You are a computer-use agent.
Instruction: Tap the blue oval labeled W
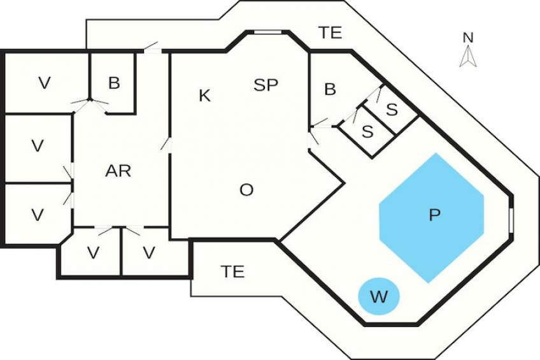click(378, 296)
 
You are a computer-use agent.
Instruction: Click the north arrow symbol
click(468, 57)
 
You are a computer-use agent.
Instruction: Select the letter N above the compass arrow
click(468, 38)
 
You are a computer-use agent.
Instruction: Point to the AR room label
click(118, 171)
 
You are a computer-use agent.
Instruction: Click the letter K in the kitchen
click(204, 96)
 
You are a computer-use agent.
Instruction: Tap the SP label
click(266, 85)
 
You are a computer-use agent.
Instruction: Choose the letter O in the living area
click(246, 190)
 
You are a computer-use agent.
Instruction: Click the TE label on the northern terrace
click(330, 33)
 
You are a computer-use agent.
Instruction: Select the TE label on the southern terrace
click(232, 272)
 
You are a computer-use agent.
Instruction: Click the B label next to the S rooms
click(330, 90)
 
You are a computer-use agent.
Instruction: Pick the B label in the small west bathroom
click(114, 83)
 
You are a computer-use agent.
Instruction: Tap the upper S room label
click(392, 110)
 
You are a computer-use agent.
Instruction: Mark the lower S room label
click(367, 132)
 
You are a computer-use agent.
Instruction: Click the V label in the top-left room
click(44, 83)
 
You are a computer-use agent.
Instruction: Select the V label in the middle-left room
click(38, 146)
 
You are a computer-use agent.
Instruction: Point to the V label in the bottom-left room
click(38, 215)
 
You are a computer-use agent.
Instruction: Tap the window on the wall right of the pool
click(511, 217)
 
